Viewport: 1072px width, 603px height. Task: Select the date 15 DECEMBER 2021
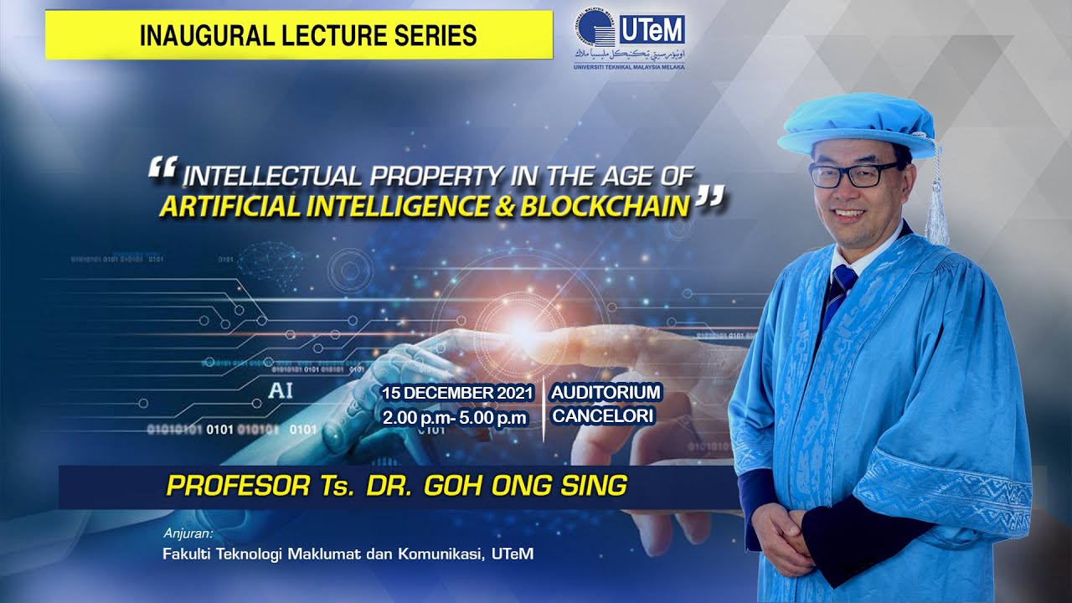[458, 393]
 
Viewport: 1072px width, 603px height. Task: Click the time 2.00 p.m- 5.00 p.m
[455, 416]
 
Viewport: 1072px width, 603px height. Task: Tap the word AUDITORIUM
[606, 392]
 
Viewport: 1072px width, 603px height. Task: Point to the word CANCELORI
[602, 415]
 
